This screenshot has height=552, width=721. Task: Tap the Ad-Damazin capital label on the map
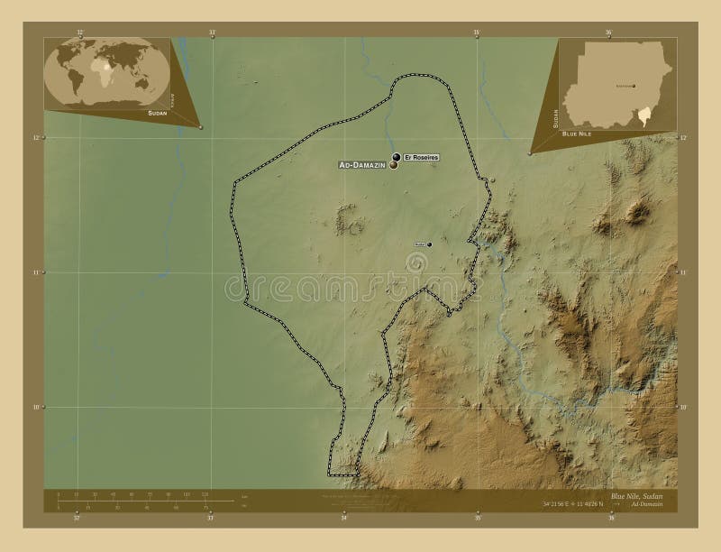(x=361, y=166)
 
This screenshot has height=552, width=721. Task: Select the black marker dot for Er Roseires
(x=397, y=157)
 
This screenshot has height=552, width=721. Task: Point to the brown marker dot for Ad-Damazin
(x=393, y=165)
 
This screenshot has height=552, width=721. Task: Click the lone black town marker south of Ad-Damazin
(x=429, y=244)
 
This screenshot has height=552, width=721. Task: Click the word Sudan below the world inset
(x=158, y=116)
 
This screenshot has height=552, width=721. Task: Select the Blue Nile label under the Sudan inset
(x=578, y=133)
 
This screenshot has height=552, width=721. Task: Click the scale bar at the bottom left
(x=135, y=498)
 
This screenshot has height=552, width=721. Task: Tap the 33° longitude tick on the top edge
(x=212, y=32)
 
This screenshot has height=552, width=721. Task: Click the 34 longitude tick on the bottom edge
(x=343, y=518)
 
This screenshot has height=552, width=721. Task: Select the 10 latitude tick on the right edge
(x=683, y=408)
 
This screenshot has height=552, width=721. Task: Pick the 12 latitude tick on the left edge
(x=37, y=137)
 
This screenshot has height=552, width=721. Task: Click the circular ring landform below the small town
(x=417, y=262)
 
